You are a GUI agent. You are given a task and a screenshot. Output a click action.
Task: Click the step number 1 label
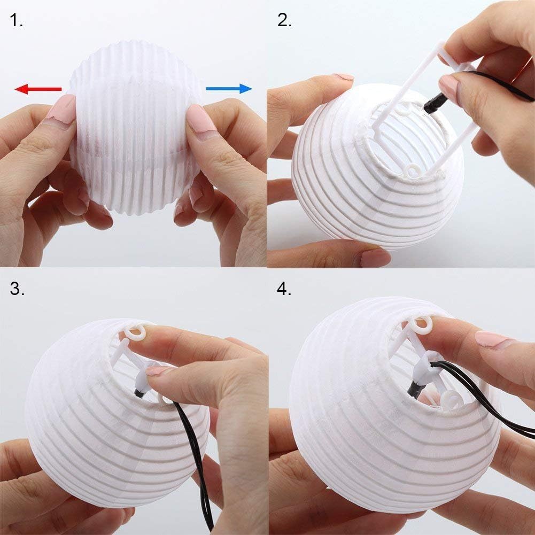tap(17, 21)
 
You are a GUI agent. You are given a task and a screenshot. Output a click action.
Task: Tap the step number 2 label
tap(284, 21)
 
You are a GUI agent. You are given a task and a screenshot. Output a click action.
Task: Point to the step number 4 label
tap(284, 289)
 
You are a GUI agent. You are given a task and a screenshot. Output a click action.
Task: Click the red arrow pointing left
tap(37, 89)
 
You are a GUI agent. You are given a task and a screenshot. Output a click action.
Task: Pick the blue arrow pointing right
tap(228, 88)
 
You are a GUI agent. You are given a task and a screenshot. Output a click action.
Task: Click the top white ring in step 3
tap(138, 332)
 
